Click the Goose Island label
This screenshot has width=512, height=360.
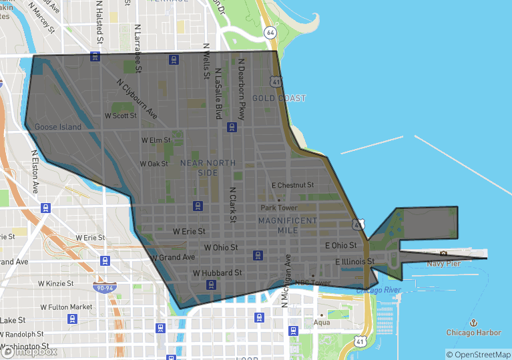[x=58, y=127]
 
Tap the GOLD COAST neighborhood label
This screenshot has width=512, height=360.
[x=279, y=98]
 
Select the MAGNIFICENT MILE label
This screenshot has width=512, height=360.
[x=288, y=225]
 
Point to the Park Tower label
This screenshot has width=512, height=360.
[x=279, y=208]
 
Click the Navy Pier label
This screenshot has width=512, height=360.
[x=444, y=264]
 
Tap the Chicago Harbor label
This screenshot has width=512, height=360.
[x=473, y=332]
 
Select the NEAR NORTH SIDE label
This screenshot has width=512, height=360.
[x=208, y=168]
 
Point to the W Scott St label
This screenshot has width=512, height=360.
[x=121, y=116]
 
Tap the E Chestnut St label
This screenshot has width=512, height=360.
[x=292, y=185]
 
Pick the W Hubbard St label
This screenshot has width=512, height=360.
[x=217, y=273]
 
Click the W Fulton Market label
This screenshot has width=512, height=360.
[x=66, y=307]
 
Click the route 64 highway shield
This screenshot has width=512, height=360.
[x=270, y=32]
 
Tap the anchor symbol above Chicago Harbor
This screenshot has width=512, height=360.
[x=473, y=322]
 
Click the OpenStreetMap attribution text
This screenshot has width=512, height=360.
[x=478, y=355]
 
